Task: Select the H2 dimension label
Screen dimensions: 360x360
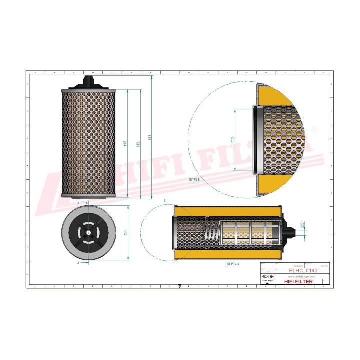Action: [x=138, y=144]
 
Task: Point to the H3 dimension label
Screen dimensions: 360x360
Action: [x=125, y=144]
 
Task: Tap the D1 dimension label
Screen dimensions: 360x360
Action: [x=126, y=232]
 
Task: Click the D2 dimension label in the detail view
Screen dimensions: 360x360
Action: [x=233, y=140]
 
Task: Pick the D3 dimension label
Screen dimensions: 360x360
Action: [x=303, y=225]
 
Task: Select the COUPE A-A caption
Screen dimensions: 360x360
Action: [x=234, y=263]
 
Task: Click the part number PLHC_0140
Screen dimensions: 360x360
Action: [x=303, y=270]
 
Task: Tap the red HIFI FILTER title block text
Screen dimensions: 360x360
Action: [x=299, y=282]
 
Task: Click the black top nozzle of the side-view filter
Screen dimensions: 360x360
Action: [x=89, y=82]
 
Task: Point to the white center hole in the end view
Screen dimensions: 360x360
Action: [x=88, y=231]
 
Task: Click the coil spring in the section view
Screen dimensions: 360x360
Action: [x=210, y=233]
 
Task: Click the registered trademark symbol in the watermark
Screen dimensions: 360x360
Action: [x=314, y=129]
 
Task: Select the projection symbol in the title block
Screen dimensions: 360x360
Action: [x=268, y=276]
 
